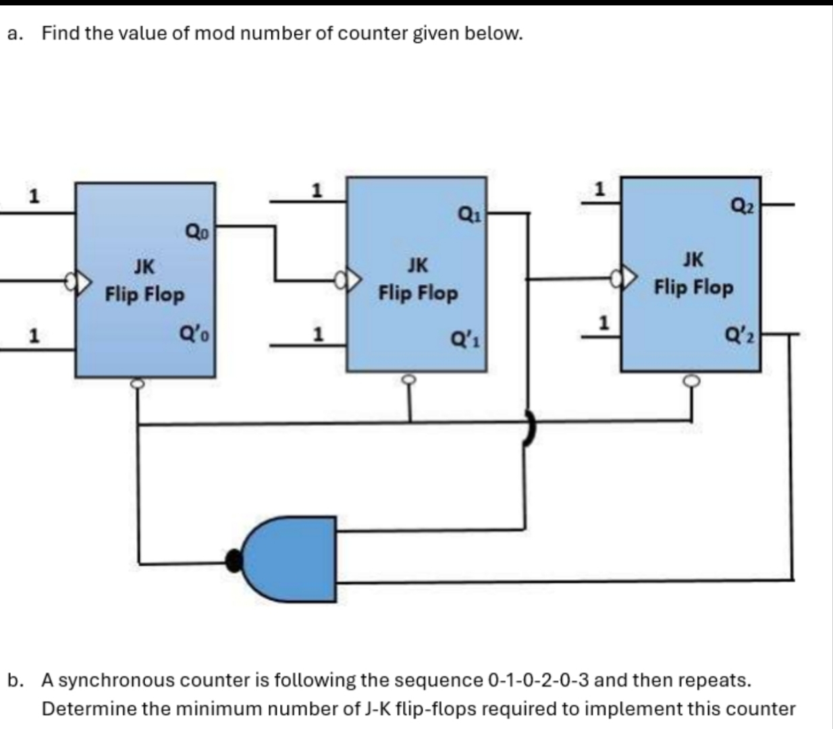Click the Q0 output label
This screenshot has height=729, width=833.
pos(198,233)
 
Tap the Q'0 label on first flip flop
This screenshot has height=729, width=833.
pos(196,333)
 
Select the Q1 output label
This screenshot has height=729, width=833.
pos(469,215)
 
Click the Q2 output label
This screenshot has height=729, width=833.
pos(743,203)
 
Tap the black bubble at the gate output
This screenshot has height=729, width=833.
pos(234,560)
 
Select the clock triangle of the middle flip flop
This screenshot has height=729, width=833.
pos(353,279)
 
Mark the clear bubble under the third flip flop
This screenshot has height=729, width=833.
pos(691,381)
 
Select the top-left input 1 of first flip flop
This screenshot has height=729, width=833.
pos(32,196)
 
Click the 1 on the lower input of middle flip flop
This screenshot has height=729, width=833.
pos(317,334)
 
